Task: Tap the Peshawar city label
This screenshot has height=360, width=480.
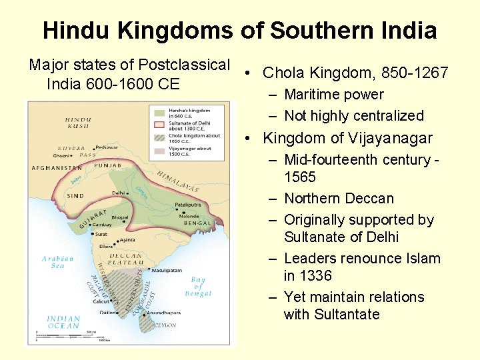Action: click(107, 147)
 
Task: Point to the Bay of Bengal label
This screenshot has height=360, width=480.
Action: click(198, 287)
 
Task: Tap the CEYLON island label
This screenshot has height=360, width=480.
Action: click(165, 325)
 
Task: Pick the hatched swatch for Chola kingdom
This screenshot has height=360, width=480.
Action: click(159, 137)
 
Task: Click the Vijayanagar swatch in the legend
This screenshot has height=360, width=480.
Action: click(159, 151)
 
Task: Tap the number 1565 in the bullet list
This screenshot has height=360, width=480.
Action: click(300, 177)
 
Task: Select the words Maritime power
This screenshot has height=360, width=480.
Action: click(334, 95)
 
